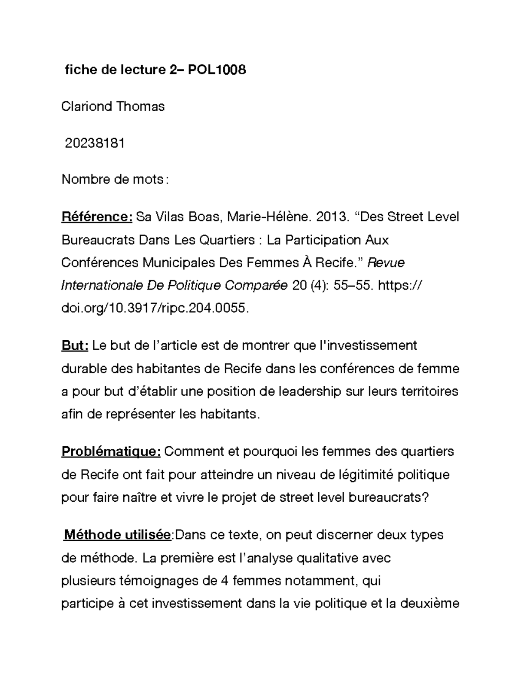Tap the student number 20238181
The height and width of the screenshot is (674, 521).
pos(95,143)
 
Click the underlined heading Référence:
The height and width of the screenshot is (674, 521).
pos(97,217)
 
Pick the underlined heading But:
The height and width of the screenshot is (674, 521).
pos(75,345)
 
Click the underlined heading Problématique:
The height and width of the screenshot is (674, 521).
pos(111,451)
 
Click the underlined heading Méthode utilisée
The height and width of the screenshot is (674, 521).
pos(118,535)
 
